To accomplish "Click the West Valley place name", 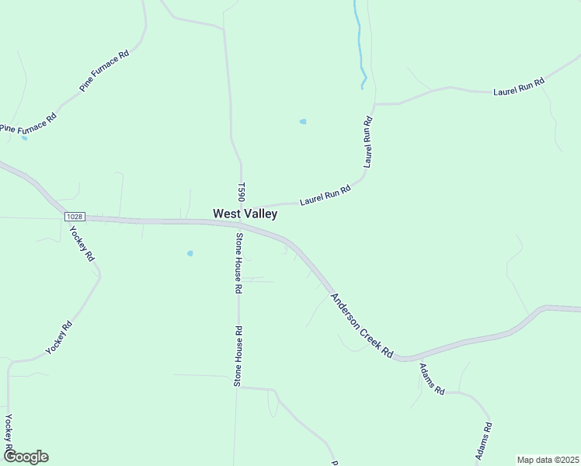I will pyautogui.click(x=245, y=213).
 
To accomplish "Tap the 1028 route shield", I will pyautogui.click(x=75, y=217).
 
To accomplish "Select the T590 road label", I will pyautogui.click(x=242, y=193).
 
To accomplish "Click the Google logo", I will pyautogui.click(x=26, y=457).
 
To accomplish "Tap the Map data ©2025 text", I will pyautogui.click(x=548, y=460).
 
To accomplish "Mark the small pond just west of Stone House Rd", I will pyautogui.click(x=190, y=253).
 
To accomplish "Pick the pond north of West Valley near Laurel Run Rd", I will pyautogui.click(x=303, y=121).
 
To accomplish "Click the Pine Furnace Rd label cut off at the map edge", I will pyautogui.click(x=28, y=123).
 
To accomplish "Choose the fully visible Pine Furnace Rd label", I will pyautogui.click(x=104, y=73).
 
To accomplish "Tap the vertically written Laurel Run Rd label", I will pyautogui.click(x=368, y=142).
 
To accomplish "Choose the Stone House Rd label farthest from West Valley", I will pyautogui.click(x=239, y=356).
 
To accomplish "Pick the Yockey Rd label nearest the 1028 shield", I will pyautogui.click(x=82, y=244).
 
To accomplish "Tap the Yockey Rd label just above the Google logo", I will pyautogui.click(x=9, y=433).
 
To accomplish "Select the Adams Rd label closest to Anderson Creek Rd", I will pyautogui.click(x=431, y=379).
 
